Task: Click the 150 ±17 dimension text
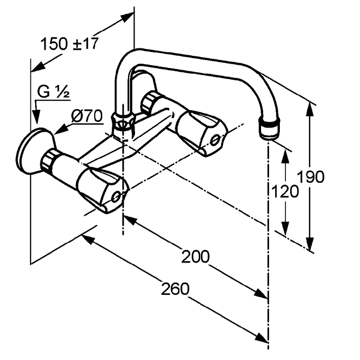(x=69, y=44)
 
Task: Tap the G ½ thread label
(x=53, y=92)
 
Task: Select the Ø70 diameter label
(x=87, y=116)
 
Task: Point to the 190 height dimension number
(x=311, y=177)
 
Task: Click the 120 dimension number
(x=285, y=191)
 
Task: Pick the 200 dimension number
(x=195, y=256)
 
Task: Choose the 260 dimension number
(x=175, y=289)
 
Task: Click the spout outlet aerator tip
(x=269, y=128)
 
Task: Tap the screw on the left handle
(x=116, y=196)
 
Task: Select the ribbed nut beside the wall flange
(x=48, y=160)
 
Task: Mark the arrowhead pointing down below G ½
(x=36, y=117)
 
